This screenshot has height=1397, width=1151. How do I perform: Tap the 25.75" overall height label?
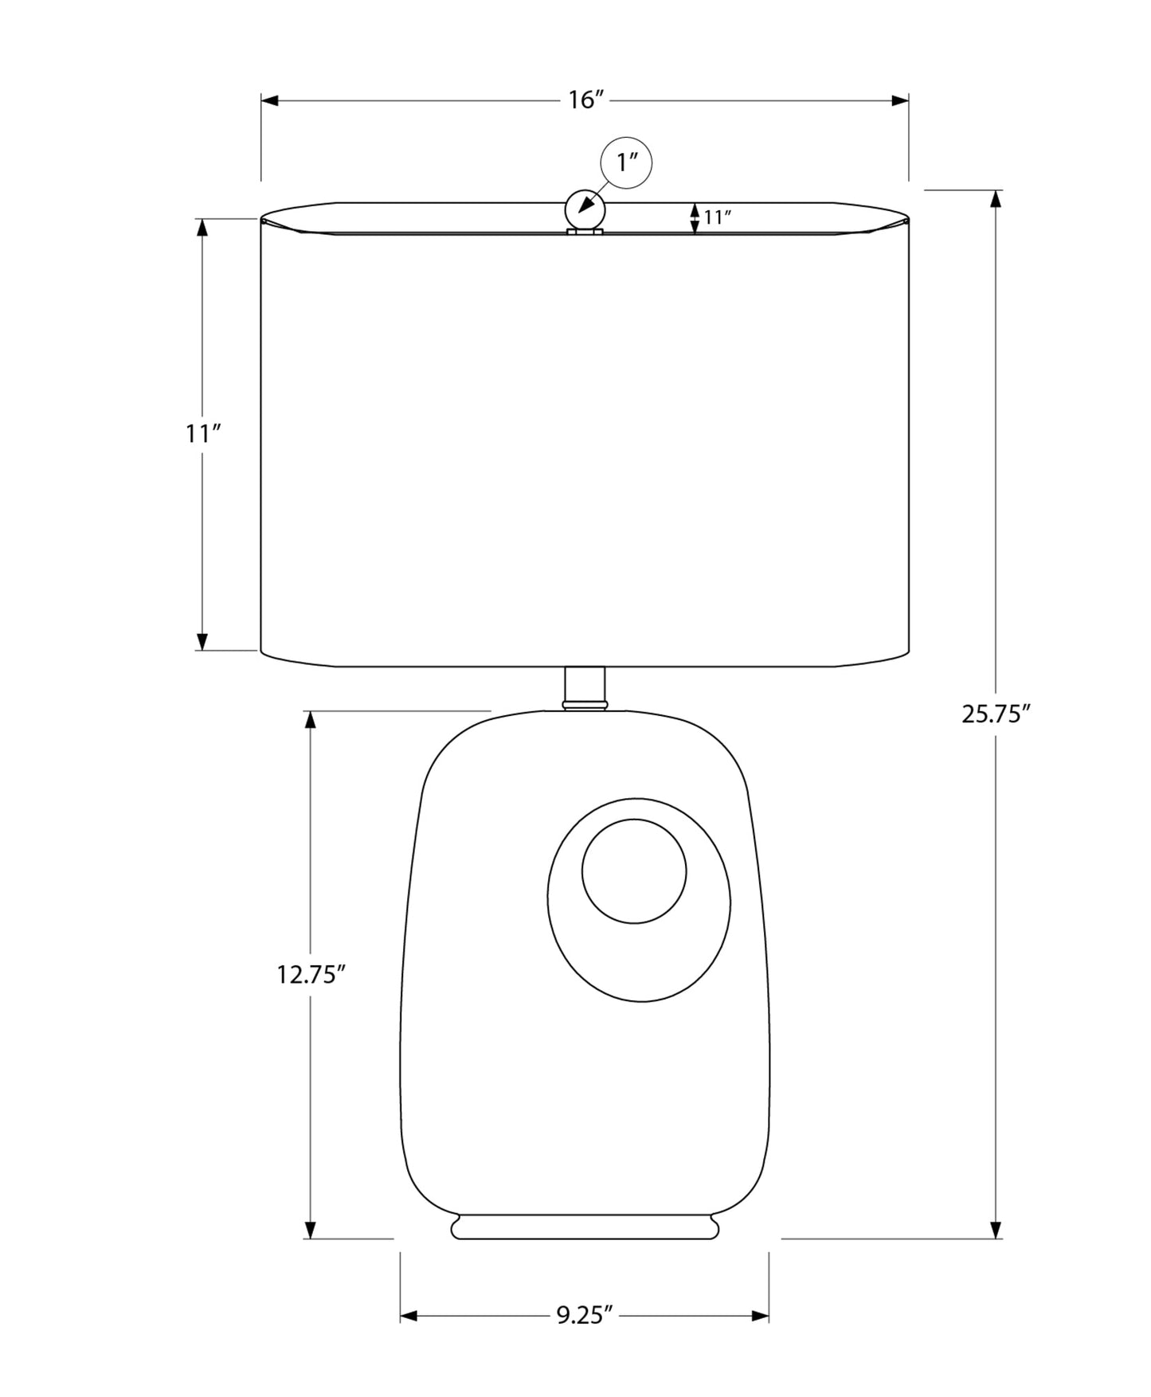point(996,714)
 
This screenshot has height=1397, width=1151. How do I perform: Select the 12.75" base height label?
point(311,974)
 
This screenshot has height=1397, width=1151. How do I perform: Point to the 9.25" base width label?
point(585,1315)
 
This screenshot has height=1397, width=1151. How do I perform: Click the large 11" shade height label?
point(202,434)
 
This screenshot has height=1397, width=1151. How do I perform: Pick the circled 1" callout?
point(626,163)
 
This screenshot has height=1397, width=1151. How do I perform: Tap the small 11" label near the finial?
point(717,217)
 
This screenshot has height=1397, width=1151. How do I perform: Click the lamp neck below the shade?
point(585,687)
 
